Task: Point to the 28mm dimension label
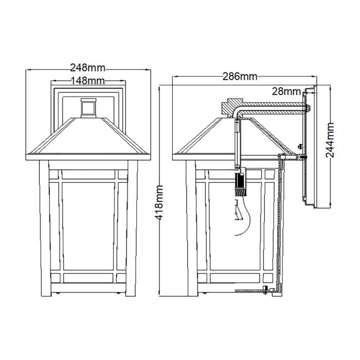click(x=286, y=92)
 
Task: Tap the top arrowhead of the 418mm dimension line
click(x=160, y=86)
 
